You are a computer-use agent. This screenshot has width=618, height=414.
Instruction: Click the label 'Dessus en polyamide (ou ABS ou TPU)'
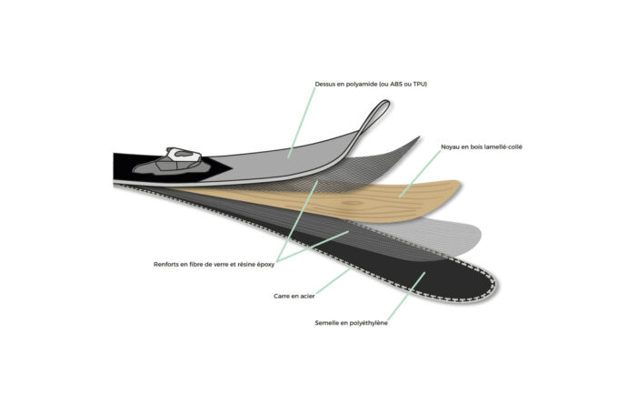coord(371,84)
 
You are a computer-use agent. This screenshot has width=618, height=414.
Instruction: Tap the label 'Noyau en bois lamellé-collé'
coord(482,146)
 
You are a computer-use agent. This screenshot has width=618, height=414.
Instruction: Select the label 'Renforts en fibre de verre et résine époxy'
coord(214,265)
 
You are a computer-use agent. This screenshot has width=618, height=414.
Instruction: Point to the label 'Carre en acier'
coord(294,296)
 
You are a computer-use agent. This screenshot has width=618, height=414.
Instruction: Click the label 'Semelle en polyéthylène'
coord(351,323)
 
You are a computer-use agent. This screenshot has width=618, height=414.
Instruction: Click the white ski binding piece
coord(184,154)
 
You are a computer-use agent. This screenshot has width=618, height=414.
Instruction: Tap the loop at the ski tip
coord(376,115)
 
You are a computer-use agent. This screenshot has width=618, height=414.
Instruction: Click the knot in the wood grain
coord(352,203)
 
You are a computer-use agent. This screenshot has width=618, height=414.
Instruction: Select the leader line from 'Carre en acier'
coord(333,281)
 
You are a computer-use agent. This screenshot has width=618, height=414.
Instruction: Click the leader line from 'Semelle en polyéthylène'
coord(406,297)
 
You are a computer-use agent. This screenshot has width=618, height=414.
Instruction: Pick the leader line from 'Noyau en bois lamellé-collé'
coord(420,173)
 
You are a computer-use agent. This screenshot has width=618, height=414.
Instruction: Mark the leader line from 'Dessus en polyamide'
coord(302,123)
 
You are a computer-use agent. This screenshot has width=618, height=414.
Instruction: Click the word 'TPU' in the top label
coord(420,84)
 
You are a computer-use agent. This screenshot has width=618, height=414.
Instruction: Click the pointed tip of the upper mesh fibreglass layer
coord(419,137)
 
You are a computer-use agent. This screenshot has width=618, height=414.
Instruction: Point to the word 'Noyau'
coord(450,146)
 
